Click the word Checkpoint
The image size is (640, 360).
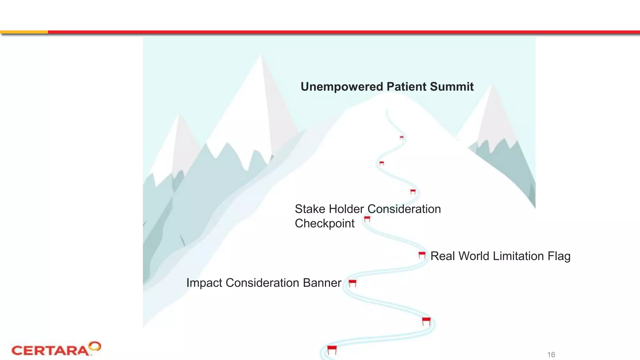tap(324, 223)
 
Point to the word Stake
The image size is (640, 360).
tap(310, 209)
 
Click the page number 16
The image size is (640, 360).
tap(551, 355)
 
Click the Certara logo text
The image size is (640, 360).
tap(50, 351)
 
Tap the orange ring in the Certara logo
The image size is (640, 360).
tap(95, 346)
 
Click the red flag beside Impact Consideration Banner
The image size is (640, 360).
tap(352, 283)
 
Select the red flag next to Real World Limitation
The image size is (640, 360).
tap(422, 255)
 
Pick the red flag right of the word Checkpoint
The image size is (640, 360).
tap(367, 219)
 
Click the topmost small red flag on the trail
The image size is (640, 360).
tap(402, 137)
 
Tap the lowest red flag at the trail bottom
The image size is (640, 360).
tap(332, 349)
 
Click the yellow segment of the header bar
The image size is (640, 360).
tap(24, 32)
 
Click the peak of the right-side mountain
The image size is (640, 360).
tap(491, 85)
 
